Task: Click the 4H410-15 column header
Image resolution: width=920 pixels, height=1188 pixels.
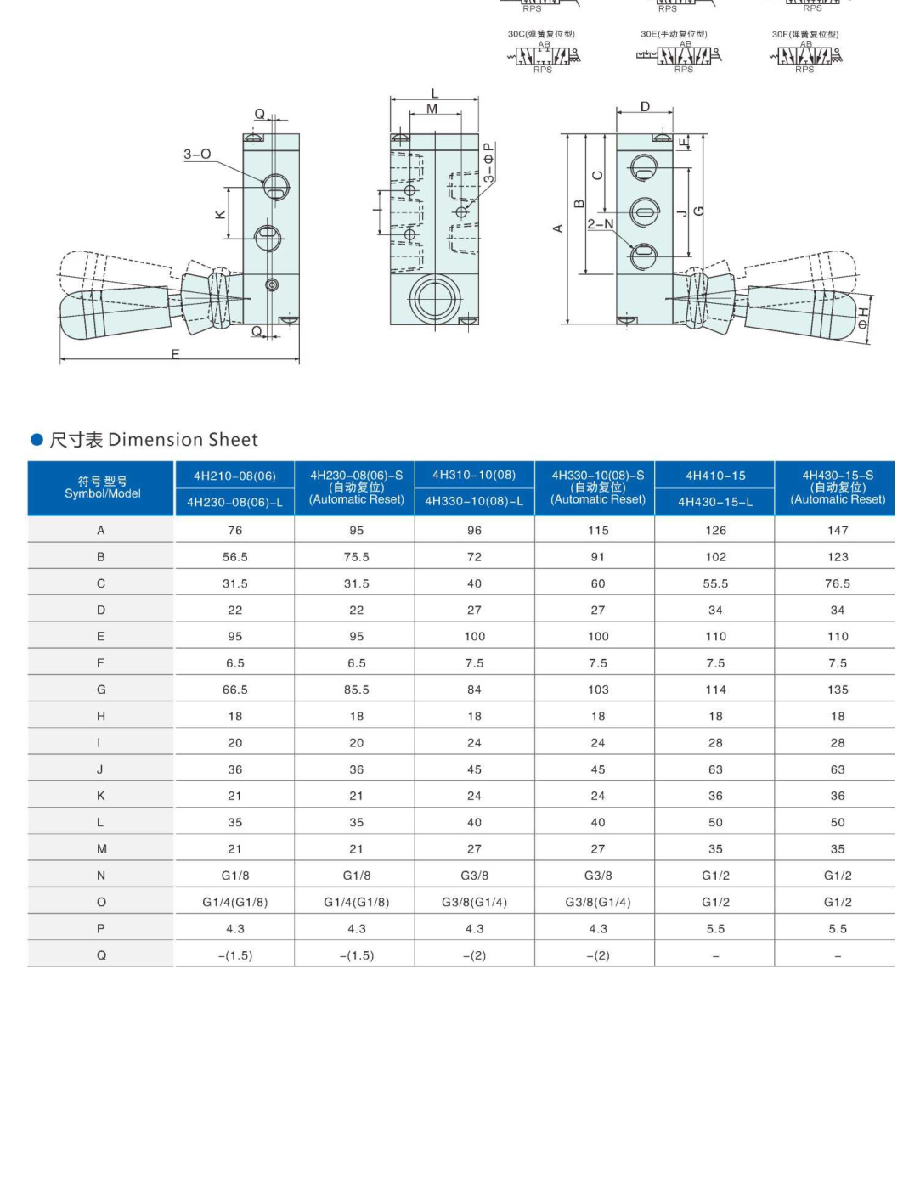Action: click(715, 476)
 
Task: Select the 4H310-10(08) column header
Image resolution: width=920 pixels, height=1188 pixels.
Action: click(474, 475)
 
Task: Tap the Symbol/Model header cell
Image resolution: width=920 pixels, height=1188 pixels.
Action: click(102, 487)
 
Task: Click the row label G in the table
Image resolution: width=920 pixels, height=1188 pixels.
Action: click(101, 690)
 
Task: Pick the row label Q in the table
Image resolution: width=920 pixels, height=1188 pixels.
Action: click(101, 955)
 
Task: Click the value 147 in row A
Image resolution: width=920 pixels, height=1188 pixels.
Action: click(838, 531)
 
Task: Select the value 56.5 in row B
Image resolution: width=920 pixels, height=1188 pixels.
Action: click(235, 557)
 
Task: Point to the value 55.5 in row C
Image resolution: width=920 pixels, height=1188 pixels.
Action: click(715, 583)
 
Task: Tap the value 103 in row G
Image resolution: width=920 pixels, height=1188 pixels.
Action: click(598, 690)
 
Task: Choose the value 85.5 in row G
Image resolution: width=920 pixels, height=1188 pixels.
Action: click(357, 690)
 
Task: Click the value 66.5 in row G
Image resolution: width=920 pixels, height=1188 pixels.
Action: click(235, 690)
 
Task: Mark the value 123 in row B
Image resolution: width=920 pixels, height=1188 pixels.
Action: click(838, 557)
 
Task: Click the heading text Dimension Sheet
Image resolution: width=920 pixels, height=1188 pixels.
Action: click(183, 440)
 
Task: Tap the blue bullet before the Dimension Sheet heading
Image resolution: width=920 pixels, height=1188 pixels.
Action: click(37, 439)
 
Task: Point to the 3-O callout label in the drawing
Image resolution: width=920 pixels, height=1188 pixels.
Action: click(197, 155)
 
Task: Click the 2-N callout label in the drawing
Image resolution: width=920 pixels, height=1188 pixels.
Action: click(600, 224)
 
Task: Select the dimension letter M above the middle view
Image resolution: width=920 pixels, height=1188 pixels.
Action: click(432, 109)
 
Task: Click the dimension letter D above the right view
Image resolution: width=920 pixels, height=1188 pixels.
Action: click(645, 107)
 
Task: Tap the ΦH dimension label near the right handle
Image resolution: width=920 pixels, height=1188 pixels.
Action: click(863, 318)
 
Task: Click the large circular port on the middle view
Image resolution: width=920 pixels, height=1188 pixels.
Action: click(435, 298)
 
